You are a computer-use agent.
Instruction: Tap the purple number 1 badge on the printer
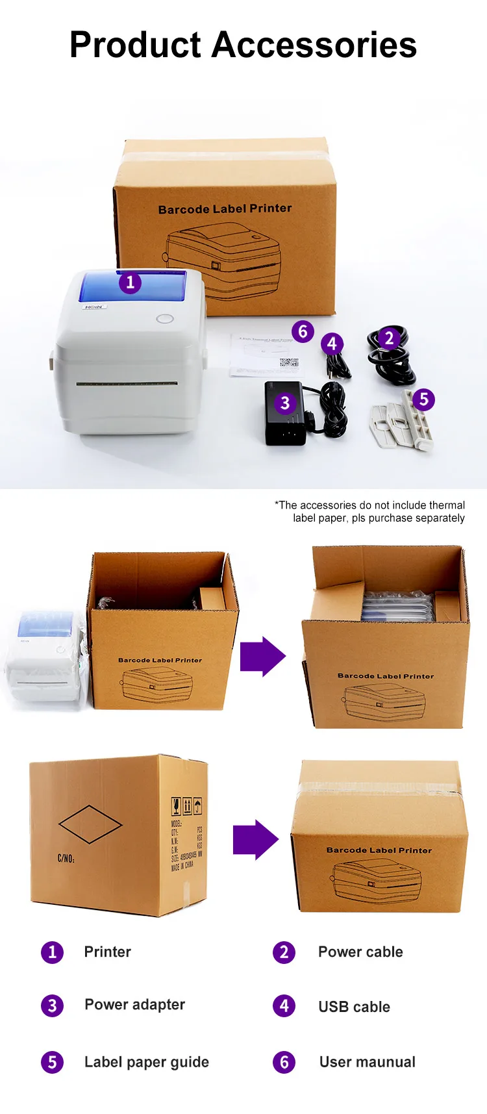130,283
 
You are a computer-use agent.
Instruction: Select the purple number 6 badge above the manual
303,331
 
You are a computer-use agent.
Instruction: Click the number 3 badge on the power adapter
284,403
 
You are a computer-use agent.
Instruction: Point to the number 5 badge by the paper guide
423,399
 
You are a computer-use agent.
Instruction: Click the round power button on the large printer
165,319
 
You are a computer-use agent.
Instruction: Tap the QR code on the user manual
288,362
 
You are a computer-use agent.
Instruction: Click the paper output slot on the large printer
127,384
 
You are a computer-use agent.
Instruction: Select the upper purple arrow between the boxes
262,657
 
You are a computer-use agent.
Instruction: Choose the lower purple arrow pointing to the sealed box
255,840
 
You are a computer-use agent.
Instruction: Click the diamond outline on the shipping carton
90,824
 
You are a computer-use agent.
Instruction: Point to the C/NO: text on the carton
66,859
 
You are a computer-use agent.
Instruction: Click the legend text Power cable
360,952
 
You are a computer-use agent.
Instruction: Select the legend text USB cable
354,1007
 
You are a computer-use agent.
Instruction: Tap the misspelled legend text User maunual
367,1062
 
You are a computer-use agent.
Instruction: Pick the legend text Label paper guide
147,1062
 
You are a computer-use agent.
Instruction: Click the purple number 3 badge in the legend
53,1006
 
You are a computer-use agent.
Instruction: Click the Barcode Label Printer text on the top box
225,209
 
